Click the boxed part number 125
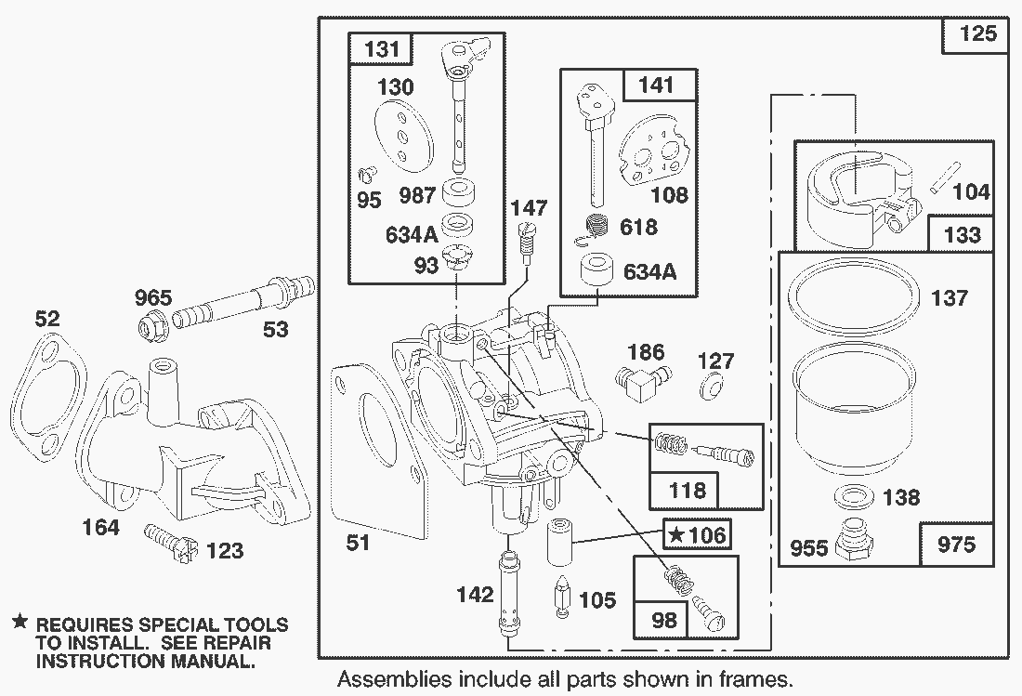[976, 34]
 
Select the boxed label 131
[378, 50]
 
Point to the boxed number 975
[957, 545]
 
